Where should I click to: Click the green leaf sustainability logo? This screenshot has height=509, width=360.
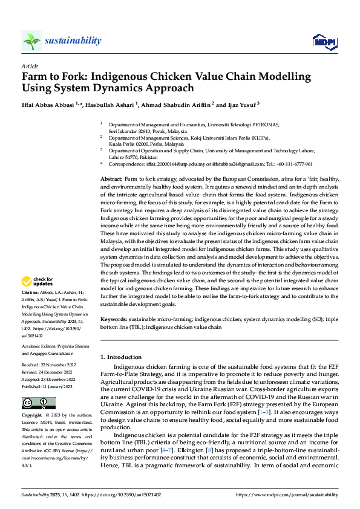(x=31, y=41)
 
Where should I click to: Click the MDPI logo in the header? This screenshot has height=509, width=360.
(x=324, y=41)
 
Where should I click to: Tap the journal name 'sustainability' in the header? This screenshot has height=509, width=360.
(x=73, y=41)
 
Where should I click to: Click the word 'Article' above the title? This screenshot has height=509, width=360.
(x=29, y=66)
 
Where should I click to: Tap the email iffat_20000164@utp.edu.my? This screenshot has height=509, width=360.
(x=173, y=164)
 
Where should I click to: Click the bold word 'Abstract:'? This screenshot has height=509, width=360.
(x=111, y=180)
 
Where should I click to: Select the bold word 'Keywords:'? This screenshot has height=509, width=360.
(x=113, y=318)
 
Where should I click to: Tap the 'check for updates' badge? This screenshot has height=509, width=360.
(x=36, y=281)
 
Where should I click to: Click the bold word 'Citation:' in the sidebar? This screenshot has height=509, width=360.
(x=31, y=291)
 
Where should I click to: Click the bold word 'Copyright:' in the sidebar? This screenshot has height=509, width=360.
(x=33, y=416)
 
